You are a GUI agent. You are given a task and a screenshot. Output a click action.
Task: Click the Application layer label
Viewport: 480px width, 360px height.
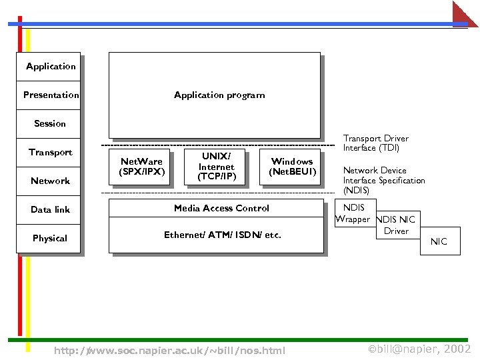click(x=51, y=66)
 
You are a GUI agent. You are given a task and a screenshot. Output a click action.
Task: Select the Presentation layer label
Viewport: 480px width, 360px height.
click(x=51, y=95)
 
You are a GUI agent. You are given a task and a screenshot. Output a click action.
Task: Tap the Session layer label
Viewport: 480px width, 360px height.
click(x=50, y=123)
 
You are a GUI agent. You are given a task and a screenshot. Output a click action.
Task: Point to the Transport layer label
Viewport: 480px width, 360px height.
click(x=50, y=152)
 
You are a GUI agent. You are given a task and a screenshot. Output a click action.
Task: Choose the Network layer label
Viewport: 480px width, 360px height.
click(x=50, y=181)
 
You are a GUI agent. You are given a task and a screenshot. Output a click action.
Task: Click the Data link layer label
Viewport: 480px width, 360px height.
click(x=50, y=209)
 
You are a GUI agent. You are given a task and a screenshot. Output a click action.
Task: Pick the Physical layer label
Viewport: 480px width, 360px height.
click(x=50, y=238)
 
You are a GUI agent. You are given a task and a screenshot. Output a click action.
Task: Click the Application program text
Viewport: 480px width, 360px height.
click(x=219, y=95)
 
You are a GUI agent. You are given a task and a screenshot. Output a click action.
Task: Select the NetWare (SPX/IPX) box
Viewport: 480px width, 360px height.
click(x=141, y=167)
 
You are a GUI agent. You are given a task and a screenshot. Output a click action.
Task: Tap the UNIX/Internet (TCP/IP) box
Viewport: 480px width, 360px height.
click(x=217, y=167)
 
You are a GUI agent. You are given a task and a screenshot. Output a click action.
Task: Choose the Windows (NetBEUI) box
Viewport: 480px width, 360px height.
click(x=292, y=167)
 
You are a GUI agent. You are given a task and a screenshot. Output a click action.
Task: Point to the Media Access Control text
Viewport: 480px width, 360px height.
click(x=221, y=208)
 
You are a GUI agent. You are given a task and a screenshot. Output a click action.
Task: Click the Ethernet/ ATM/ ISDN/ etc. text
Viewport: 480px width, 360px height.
click(x=223, y=235)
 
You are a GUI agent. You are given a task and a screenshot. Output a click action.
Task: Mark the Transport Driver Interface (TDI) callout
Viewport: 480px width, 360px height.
click(x=375, y=143)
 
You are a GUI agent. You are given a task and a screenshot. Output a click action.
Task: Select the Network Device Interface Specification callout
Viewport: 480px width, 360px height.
click(x=383, y=180)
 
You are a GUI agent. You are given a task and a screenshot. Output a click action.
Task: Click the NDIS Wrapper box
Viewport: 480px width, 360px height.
click(x=354, y=213)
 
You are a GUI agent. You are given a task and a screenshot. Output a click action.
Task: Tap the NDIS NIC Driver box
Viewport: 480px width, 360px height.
click(x=396, y=225)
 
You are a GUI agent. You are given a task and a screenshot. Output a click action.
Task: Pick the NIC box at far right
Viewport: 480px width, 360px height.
click(x=439, y=241)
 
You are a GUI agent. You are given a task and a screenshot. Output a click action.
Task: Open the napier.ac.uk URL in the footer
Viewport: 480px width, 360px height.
click(x=169, y=351)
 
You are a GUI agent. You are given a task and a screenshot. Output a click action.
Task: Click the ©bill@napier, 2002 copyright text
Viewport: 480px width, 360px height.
click(x=419, y=349)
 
